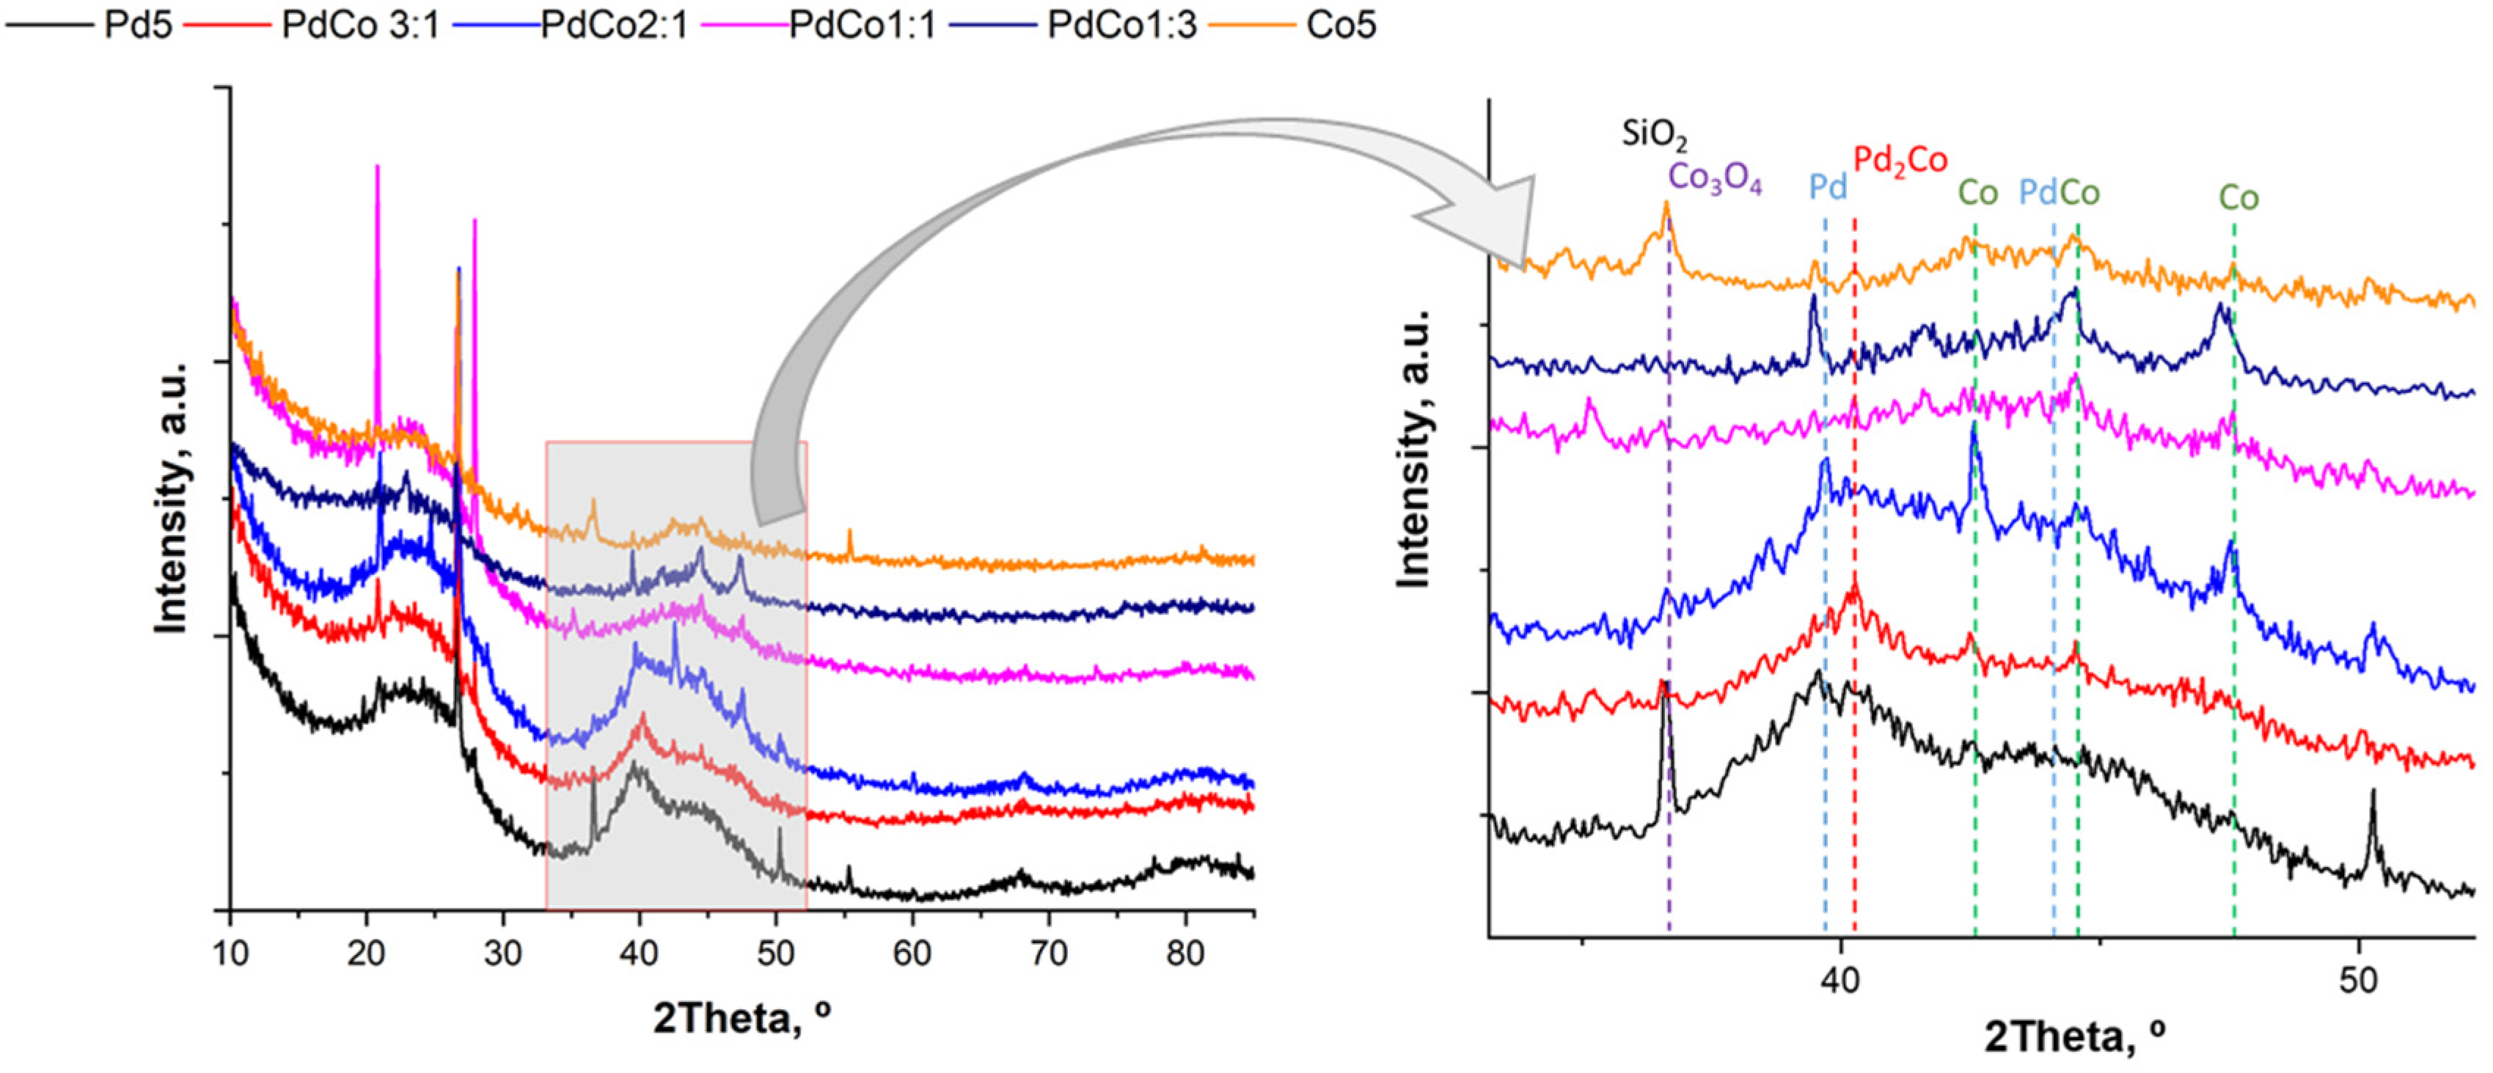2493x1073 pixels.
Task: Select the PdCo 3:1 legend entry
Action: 359,23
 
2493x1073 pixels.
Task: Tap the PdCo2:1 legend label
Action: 614,23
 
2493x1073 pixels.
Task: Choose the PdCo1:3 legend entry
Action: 1121,23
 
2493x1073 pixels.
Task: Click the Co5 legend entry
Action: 1340,23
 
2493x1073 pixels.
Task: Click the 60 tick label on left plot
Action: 912,953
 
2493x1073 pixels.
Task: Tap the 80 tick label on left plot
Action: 1185,953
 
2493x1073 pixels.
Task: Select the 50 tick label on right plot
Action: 2357,980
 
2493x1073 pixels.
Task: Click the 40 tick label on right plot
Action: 1839,980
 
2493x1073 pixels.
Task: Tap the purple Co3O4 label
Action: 1715,179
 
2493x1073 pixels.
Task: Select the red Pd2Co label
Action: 1900,161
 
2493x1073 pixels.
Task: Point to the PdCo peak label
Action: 2059,193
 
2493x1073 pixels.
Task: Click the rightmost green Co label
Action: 2238,197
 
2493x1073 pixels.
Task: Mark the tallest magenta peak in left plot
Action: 378,166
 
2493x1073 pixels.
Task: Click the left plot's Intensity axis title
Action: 172,498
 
